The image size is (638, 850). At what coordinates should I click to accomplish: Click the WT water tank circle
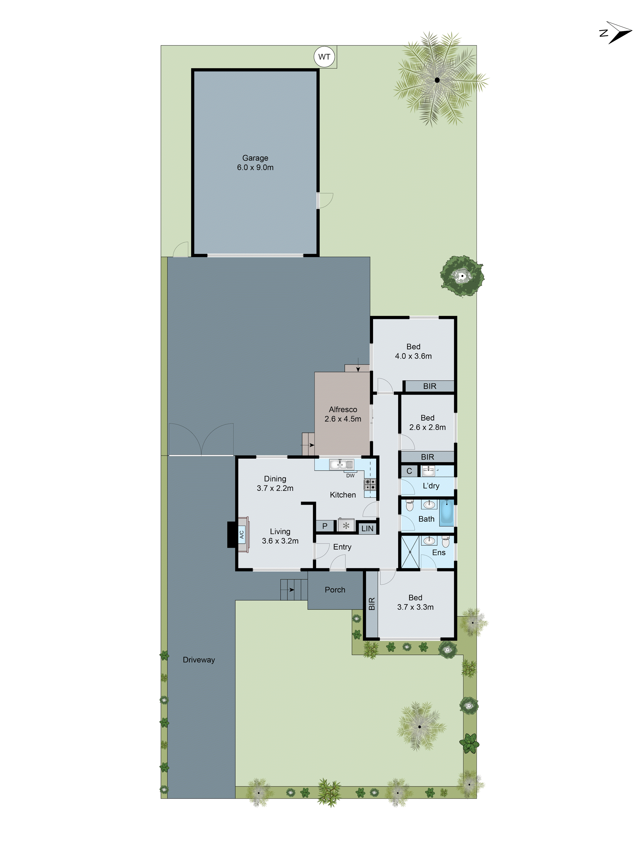pyautogui.click(x=324, y=57)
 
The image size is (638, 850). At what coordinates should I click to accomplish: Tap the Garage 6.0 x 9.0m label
pyautogui.click(x=255, y=163)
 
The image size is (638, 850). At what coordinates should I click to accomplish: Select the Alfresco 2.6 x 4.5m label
pyautogui.click(x=343, y=414)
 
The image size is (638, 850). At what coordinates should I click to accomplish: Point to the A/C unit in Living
pyautogui.click(x=242, y=534)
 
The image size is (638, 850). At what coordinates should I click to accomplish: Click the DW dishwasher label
pyautogui.click(x=350, y=475)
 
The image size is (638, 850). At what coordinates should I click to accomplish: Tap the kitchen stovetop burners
pyautogui.click(x=370, y=484)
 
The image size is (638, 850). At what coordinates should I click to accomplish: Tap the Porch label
pyautogui.click(x=335, y=589)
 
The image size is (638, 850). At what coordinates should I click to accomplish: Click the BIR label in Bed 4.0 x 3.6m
pyautogui.click(x=430, y=386)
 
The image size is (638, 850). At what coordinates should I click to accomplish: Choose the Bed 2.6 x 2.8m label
pyautogui.click(x=427, y=422)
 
